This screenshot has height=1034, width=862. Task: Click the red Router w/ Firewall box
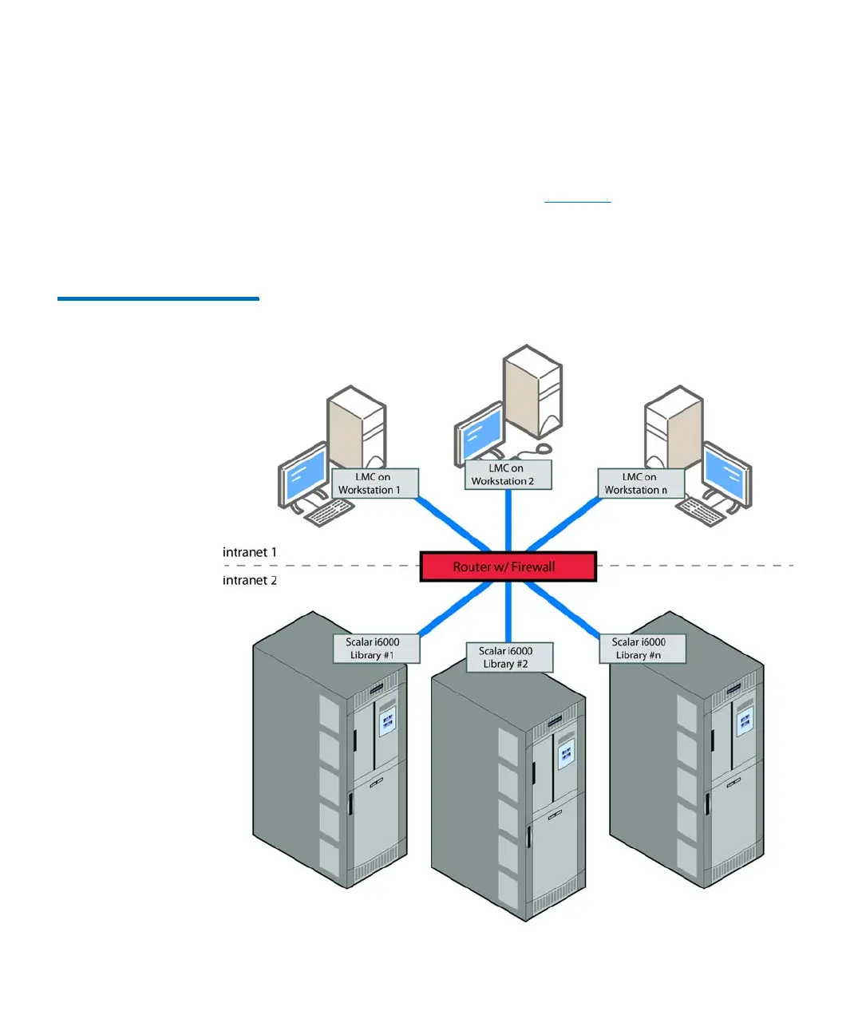pos(508,566)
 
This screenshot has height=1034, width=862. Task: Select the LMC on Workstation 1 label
pos(374,483)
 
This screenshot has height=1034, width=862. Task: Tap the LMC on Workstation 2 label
pos(508,475)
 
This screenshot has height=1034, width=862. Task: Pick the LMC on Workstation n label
pos(641,483)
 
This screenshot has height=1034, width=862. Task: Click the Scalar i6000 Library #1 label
pos(376,648)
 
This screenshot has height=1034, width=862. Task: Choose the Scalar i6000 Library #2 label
pos(509,657)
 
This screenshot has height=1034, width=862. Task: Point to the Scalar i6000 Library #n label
pos(642,648)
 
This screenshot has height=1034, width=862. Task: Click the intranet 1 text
pos(250,552)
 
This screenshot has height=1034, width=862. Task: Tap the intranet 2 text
pos(250,580)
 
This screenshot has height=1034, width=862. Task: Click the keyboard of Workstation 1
pos(330,513)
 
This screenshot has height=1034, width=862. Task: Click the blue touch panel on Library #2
pos(566,752)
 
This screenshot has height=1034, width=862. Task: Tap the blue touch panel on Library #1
pos(388,720)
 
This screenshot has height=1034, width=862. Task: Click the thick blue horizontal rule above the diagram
pos(158,298)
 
